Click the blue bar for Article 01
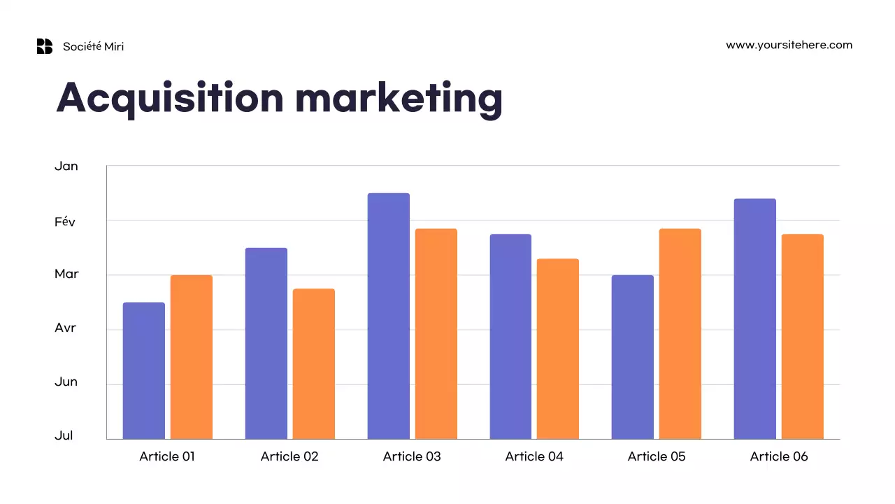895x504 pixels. (x=143, y=370)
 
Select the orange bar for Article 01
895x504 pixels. (x=191, y=357)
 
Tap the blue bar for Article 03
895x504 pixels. (x=388, y=316)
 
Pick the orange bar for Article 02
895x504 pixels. (x=313, y=363)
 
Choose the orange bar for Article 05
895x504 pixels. (x=680, y=333)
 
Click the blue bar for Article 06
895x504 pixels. (x=754, y=318)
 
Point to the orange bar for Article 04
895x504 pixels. (x=557, y=349)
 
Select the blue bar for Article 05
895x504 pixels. (x=632, y=357)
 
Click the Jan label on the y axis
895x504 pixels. (x=66, y=167)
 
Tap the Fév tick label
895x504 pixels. (x=64, y=221)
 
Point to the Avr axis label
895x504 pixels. (x=65, y=328)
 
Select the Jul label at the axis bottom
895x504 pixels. (x=64, y=435)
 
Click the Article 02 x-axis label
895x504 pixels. (x=289, y=456)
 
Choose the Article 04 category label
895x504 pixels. (x=534, y=456)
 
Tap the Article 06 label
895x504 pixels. (x=779, y=456)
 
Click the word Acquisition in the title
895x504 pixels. (x=170, y=98)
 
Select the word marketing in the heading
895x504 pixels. (x=399, y=98)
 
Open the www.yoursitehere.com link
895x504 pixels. (x=789, y=45)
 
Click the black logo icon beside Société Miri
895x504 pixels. (x=45, y=46)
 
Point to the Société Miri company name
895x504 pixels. (x=93, y=46)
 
